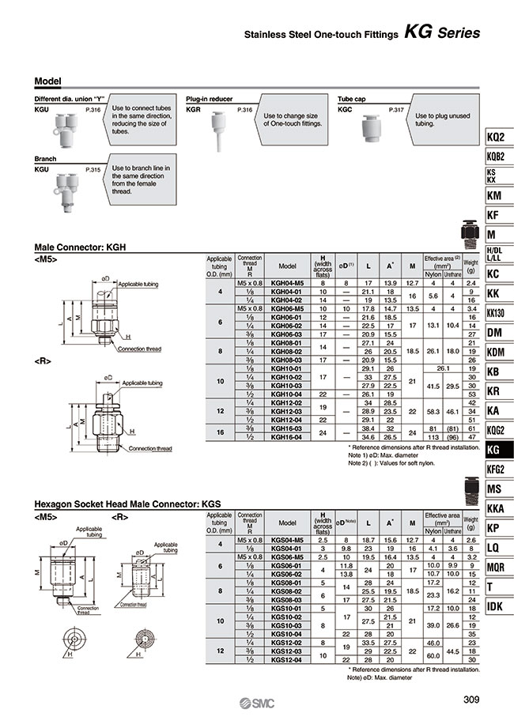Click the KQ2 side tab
(496, 137)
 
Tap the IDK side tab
(496, 606)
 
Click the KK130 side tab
(496, 313)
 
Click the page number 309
(471, 697)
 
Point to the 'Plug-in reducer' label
(209, 99)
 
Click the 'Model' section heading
(48, 81)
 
